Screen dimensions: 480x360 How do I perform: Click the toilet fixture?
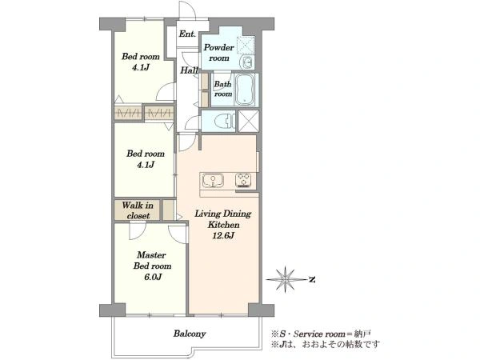(224, 121)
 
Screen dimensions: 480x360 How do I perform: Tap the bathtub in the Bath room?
(246, 90)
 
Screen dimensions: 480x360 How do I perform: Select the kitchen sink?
(213, 180)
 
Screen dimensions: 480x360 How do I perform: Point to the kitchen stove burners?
(243, 180)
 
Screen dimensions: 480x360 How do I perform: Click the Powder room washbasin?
(246, 62)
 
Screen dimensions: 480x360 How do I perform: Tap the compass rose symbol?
(285, 279)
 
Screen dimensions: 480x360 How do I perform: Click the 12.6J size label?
(223, 236)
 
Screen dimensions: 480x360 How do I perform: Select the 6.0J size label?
(152, 277)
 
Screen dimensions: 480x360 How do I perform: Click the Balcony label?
(190, 334)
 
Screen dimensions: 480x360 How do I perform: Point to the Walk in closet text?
(138, 210)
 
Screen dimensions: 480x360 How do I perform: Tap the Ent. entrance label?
(187, 34)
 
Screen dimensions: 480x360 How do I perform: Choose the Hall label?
(189, 70)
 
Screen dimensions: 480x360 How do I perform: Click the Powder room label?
(219, 52)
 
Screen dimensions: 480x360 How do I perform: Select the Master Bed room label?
(152, 260)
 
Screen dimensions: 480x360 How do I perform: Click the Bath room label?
(223, 89)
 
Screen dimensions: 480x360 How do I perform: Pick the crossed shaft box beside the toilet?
(249, 122)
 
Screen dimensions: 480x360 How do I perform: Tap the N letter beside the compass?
(312, 279)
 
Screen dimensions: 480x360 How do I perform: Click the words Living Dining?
(223, 214)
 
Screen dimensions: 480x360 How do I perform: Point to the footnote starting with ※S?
(321, 334)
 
